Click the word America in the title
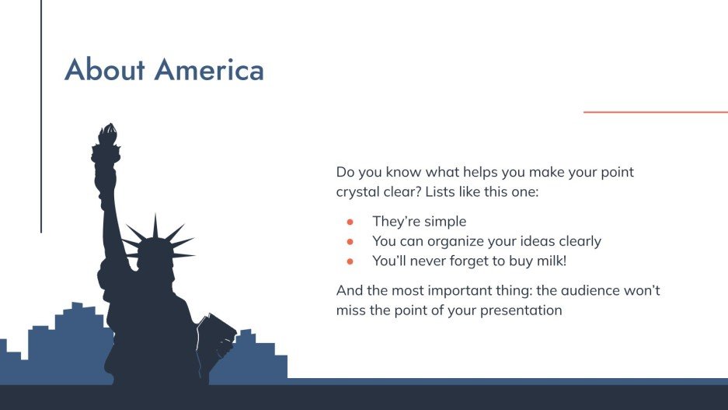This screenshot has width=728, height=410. click(209, 70)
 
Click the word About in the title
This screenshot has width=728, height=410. click(105, 70)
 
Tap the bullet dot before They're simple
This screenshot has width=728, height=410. click(350, 223)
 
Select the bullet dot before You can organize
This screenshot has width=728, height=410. click(350, 242)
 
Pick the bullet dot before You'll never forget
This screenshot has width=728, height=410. click(350, 261)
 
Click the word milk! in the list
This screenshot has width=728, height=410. click(552, 261)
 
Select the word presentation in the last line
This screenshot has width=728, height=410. click(521, 311)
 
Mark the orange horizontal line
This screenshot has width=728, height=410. click(656, 112)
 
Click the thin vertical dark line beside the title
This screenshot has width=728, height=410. click(41, 116)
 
